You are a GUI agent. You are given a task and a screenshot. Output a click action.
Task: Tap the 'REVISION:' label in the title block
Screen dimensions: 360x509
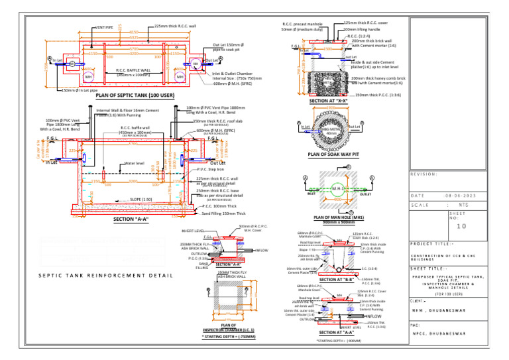pos(424,174)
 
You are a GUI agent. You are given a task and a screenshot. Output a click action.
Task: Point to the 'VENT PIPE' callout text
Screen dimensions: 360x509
pos(104,27)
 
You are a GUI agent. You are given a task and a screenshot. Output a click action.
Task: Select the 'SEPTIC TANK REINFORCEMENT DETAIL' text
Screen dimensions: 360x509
pos(101,274)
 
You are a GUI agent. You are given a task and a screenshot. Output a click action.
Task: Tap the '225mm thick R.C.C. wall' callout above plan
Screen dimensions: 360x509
pos(175,26)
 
